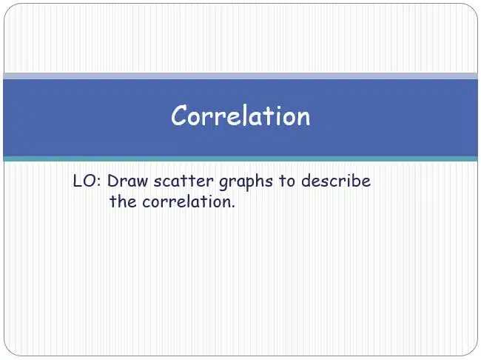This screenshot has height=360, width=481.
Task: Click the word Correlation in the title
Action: pos(240,116)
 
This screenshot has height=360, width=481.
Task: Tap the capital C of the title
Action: pos(179,115)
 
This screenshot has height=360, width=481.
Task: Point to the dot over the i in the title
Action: pos(278,107)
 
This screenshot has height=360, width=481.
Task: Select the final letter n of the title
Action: pos(303,118)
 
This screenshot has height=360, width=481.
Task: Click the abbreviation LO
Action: pos(83,181)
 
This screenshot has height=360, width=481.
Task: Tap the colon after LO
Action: pos(98,182)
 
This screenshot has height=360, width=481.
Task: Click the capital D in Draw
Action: pos(112,181)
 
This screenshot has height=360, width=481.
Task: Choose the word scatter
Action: pos(184,181)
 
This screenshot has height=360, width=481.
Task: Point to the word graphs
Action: pos(246,181)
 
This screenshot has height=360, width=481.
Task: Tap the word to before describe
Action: pos(287,181)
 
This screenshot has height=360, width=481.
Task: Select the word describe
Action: pos(336,181)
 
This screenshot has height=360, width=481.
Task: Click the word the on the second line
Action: pos(123,201)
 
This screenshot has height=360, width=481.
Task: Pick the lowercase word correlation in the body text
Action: pos(186,201)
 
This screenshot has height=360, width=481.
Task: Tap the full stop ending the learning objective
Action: pos(233,207)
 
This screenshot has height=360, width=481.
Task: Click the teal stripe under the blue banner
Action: pos(240,159)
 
